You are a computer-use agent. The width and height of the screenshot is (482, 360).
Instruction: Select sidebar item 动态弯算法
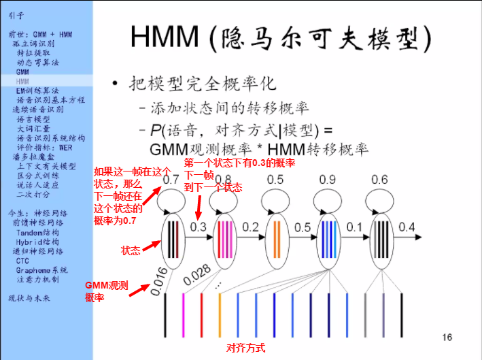tap(38, 61)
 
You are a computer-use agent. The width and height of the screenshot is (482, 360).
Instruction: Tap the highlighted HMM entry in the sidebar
tap(23, 80)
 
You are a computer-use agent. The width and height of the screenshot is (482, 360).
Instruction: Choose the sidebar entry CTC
tap(23, 260)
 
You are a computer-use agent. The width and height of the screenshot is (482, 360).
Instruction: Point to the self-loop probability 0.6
tap(379, 180)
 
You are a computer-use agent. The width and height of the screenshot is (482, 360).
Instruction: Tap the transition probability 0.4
tap(406, 226)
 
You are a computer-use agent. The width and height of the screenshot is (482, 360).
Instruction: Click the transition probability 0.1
tap(354, 226)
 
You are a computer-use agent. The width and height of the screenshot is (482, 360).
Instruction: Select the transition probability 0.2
tap(251, 226)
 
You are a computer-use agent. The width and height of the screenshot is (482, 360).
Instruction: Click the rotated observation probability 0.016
tap(157, 284)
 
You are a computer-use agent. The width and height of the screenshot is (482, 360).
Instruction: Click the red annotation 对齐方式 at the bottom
tap(245, 347)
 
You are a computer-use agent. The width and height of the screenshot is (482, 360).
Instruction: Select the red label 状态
tap(131, 250)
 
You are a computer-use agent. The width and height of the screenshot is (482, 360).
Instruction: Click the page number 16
tap(447, 337)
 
